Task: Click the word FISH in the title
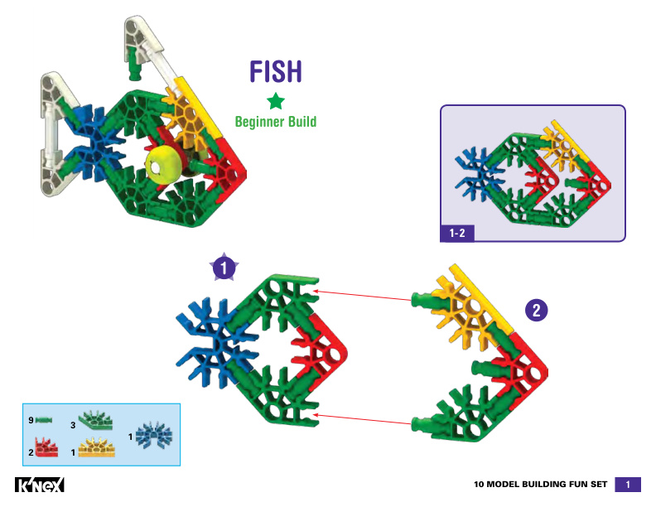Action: (x=276, y=72)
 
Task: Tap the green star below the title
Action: (x=276, y=102)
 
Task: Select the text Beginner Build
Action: (x=276, y=122)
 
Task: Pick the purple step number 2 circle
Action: (x=537, y=311)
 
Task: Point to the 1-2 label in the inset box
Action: (x=456, y=234)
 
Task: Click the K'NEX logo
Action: (x=40, y=485)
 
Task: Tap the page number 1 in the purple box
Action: (x=629, y=485)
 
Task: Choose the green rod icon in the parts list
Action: (x=44, y=421)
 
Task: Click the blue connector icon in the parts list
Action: (x=153, y=434)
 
